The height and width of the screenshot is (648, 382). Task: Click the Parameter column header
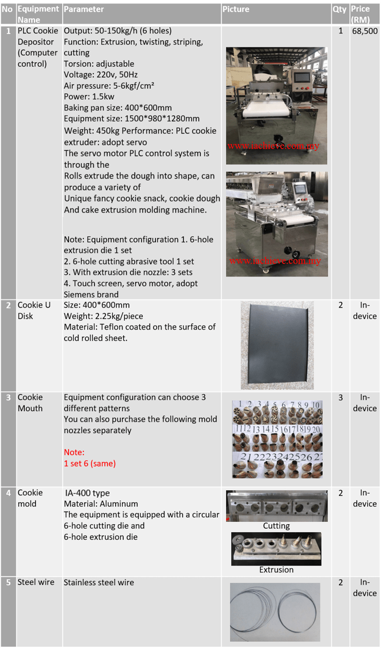84,9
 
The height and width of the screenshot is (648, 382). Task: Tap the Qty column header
339,9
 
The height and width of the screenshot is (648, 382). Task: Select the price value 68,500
365,31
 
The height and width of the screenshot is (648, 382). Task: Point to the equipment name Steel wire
36,582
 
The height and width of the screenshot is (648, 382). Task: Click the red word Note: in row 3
74,452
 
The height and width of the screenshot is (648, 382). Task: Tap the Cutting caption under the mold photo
276,526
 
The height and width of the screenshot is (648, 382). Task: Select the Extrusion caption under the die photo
276,570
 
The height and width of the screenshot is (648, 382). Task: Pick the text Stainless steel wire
99,582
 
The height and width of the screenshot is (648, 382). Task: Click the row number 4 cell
8,493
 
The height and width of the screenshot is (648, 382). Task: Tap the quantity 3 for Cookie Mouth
340,397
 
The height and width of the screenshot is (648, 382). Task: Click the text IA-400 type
87,493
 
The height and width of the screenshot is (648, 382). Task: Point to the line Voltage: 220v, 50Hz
101,75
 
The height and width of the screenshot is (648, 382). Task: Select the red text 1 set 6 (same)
90,463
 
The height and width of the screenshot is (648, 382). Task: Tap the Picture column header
236,9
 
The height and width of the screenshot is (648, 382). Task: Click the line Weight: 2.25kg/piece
104,316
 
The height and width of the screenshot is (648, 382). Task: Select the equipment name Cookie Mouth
30,403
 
